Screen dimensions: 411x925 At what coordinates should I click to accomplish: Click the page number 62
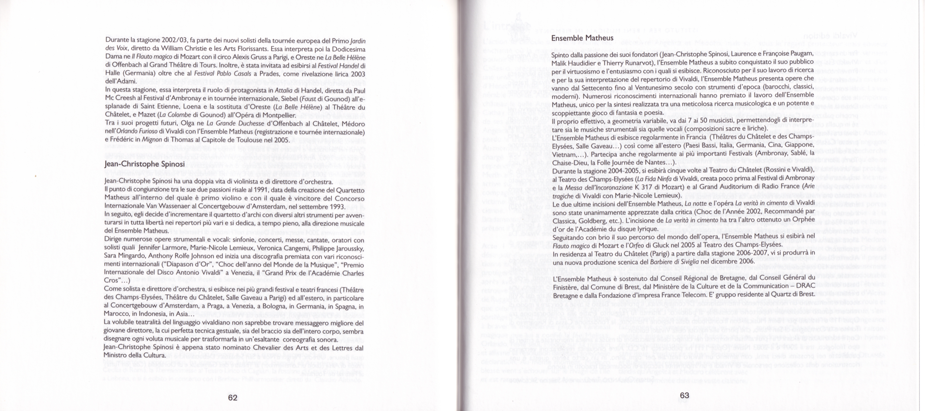coord(233,397)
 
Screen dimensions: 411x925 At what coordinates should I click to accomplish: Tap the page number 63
coord(684,395)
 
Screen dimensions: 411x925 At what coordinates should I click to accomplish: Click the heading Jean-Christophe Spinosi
coord(144,164)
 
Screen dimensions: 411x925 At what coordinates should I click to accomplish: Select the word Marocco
coord(116,314)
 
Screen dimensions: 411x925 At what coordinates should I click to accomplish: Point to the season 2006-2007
coord(735,253)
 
